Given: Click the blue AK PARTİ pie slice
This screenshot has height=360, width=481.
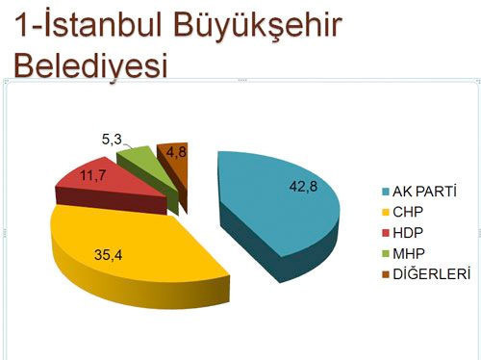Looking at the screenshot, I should [279, 207].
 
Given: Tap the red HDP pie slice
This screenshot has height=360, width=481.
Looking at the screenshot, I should [106, 183].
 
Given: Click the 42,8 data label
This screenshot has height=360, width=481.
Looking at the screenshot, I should [303, 186].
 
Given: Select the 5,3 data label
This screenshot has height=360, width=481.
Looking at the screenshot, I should [111, 141].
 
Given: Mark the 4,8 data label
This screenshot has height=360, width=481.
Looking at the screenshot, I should [176, 151].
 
